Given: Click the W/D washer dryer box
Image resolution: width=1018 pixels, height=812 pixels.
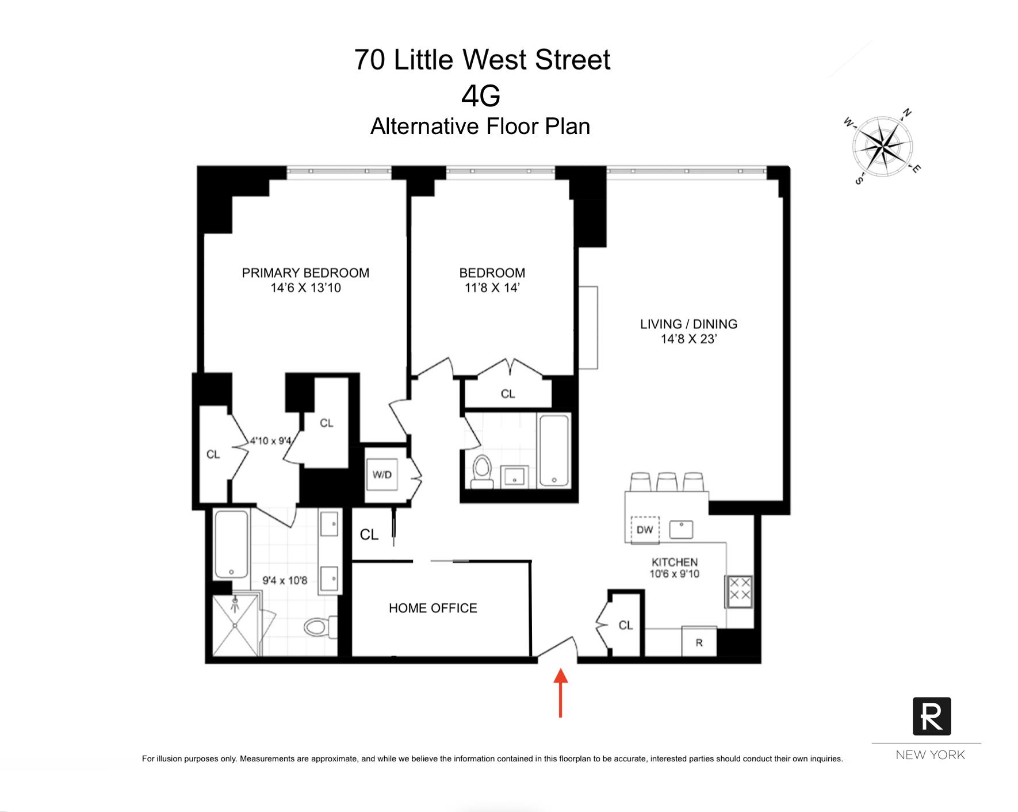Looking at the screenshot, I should point(382,474).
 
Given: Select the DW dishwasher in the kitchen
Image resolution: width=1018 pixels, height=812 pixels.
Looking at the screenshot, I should point(645,530).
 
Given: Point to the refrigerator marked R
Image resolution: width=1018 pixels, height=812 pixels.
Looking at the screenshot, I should point(699,642).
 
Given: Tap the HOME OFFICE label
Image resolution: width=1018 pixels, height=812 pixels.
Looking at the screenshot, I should point(433,608).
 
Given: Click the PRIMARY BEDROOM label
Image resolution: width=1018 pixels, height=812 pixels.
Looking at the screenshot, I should point(305,273).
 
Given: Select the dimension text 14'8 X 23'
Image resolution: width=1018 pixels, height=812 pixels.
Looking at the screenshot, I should point(688,339).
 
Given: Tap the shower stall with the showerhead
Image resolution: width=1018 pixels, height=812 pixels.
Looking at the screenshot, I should point(236,625).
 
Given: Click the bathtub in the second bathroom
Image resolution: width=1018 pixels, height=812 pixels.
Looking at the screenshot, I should point(554,450).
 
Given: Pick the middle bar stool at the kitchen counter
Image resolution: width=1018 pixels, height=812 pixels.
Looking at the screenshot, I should point(667,482).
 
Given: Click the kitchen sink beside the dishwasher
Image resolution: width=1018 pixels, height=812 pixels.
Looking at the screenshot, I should point(681,529).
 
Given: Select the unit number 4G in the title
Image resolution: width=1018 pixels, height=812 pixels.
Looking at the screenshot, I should point(481,95).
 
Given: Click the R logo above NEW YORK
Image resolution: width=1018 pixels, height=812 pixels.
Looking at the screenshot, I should point(931,716).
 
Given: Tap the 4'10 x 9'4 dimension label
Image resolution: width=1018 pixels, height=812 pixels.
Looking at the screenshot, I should point(270,441).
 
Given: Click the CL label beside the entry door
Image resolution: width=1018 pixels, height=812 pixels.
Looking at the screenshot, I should point(626,625).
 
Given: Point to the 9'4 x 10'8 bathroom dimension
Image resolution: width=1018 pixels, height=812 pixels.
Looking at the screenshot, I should point(285,580).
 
